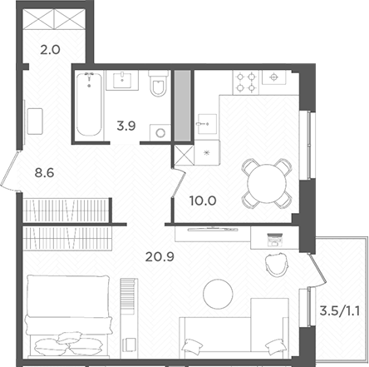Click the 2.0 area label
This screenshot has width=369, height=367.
click(50, 49)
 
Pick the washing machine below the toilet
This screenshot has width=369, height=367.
click(160, 131)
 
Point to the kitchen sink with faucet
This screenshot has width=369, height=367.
click(207, 125)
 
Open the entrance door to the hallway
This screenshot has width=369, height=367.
click(12, 174)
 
